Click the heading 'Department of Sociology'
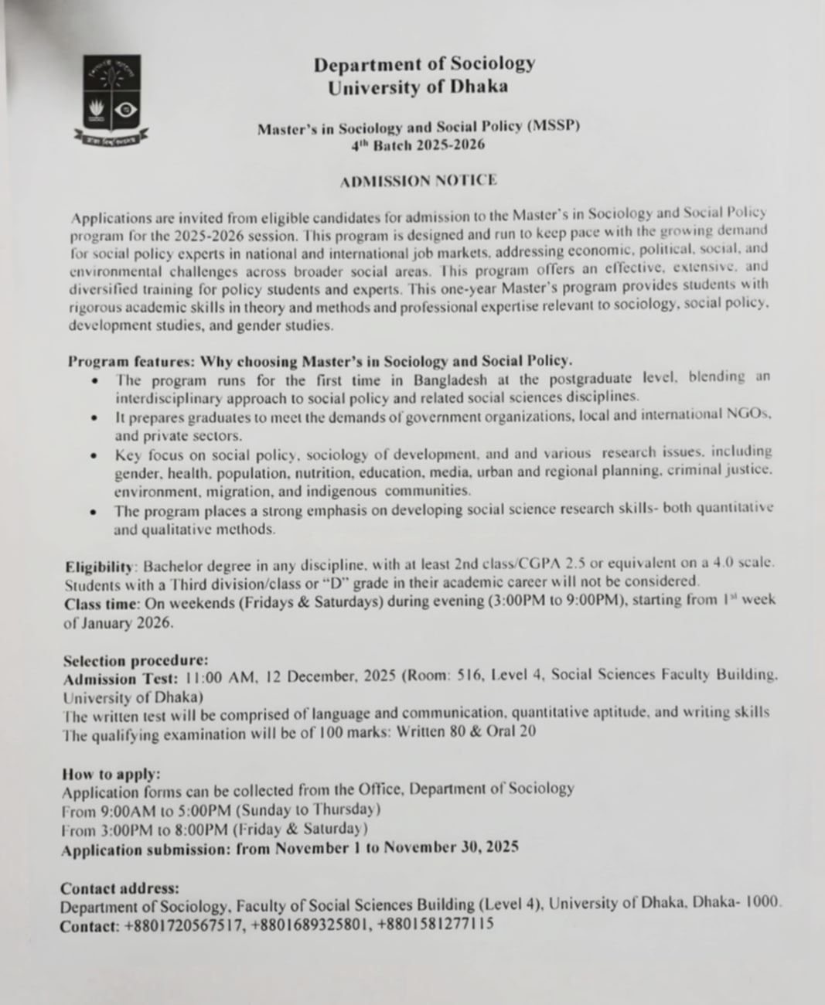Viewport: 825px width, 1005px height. [424, 64]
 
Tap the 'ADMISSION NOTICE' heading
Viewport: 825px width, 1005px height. [418, 181]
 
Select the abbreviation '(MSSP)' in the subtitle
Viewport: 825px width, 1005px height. [552, 126]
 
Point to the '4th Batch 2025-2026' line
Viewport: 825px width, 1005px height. [418, 145]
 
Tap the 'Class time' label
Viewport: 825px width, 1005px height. [101, 601]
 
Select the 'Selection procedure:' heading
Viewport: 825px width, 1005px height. [135, 660]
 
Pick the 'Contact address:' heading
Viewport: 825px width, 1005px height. [119, 888]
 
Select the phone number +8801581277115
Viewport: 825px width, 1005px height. [435, 924]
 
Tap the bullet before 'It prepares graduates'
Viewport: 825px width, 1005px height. [94, 417]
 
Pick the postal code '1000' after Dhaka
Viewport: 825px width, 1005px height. [764, 901]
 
